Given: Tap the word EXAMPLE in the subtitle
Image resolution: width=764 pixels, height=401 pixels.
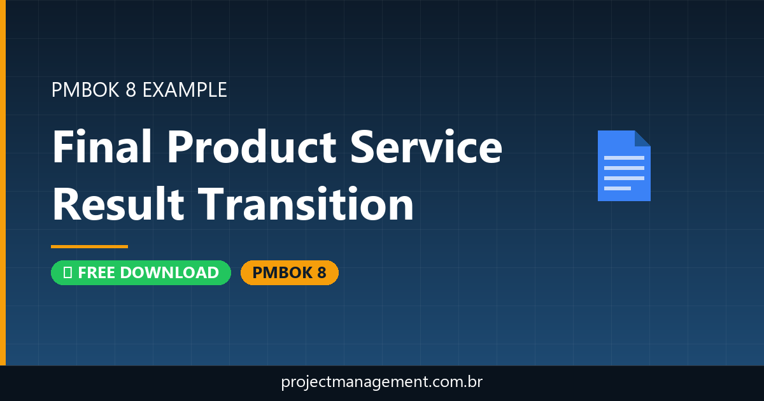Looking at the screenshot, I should [185, 90].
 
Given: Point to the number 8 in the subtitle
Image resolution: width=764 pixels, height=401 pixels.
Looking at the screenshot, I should [131, 90].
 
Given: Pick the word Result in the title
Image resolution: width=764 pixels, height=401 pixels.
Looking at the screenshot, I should [118, 205].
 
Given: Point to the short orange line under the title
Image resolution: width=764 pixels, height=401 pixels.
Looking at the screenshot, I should [89, 246].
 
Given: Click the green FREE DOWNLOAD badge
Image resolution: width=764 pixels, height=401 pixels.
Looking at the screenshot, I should [141, 272].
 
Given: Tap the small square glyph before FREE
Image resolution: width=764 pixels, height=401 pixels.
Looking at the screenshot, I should [67, 273].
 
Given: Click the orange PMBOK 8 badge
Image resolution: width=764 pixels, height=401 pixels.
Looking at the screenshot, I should [289, 272].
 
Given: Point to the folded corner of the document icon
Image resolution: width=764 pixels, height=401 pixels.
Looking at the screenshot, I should [642, 138].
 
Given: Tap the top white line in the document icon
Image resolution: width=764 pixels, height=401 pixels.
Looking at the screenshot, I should [623, 157].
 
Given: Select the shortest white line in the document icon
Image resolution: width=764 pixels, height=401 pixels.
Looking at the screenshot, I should [617, 188].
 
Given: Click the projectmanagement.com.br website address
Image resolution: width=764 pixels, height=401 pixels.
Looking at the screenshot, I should [382, 383].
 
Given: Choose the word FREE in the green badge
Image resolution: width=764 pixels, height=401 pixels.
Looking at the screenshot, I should [95, 272].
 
